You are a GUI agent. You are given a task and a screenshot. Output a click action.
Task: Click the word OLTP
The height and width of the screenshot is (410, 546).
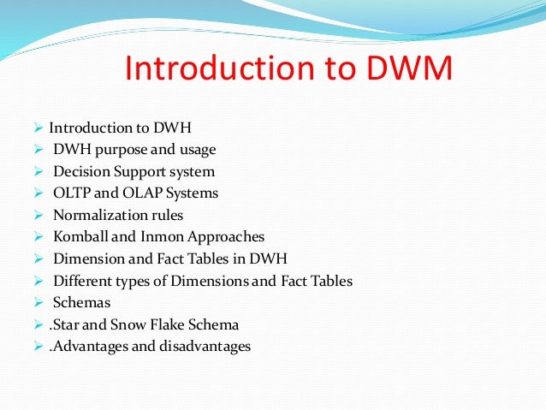point(71,193)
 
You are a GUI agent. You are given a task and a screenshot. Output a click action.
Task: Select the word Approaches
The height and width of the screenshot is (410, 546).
point(223,237)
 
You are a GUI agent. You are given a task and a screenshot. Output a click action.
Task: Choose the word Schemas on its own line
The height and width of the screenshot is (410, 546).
point(80,303)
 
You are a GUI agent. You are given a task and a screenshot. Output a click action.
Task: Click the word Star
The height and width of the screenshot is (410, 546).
point(69,325)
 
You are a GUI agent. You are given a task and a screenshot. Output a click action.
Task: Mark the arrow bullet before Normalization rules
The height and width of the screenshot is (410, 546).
point(39,216)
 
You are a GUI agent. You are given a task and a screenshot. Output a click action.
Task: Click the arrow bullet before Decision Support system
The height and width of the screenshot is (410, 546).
point(39,172)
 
